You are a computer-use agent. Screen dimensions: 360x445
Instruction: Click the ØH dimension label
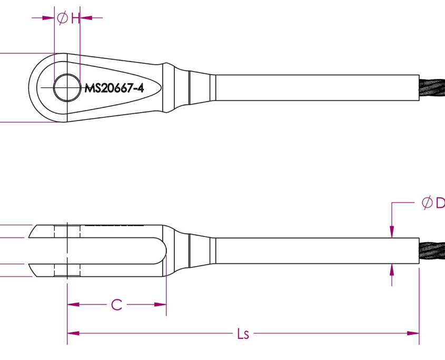67,18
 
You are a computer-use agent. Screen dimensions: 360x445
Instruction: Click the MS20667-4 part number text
114,88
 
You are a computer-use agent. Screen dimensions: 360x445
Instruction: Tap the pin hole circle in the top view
66,87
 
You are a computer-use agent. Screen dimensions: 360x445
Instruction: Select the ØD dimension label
433,203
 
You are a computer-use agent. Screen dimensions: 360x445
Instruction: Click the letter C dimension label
116,304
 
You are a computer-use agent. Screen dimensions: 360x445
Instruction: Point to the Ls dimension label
242,334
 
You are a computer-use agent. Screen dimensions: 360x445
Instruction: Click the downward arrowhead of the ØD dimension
391,232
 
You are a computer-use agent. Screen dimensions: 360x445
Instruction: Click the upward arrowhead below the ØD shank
391,269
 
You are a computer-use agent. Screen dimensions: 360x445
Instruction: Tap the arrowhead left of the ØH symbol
50,18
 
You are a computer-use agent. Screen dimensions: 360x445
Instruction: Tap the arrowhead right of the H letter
85,18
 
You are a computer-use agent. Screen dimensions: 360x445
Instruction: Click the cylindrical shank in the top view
316,87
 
